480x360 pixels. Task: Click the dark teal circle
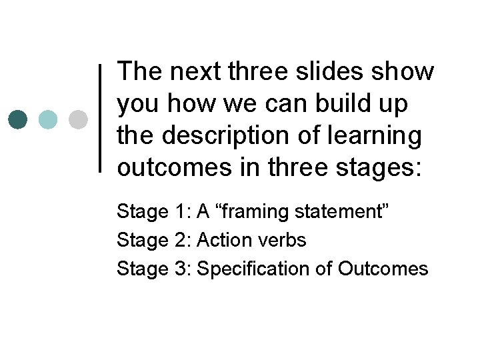(x=18, y=119)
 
